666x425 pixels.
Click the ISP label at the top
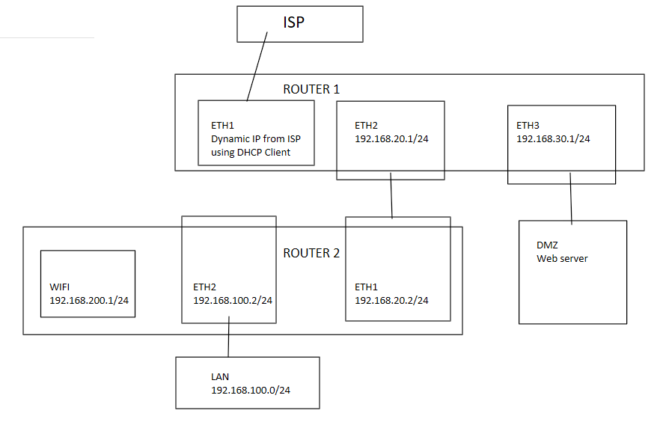(x=294, y=22)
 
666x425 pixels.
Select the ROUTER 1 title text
(x=311, y=89)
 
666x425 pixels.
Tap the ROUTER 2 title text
(x=311, y=253)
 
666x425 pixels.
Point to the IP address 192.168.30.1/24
(x=553, y=138)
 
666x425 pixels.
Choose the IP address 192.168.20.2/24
(x=391, y=300)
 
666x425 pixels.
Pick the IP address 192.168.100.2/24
(x=233, y=300)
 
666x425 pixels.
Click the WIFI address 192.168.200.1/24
(x=87, y=300)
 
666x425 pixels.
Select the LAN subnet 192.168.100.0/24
(x=250, y=390)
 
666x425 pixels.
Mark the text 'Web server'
(x=562, y=258)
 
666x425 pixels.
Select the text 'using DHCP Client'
(x=251, y=153)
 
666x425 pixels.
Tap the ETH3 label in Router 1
(x=529, y=125)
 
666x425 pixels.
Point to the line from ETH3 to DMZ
(x=572, y=198)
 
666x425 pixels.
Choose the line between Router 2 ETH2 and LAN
(x=229, y=340)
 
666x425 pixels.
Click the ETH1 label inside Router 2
(x=367, y=287)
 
